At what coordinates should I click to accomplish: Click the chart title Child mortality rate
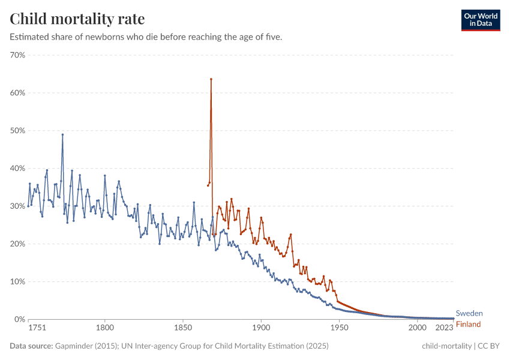point(77,19)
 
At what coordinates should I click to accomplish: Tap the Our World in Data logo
point(480,20)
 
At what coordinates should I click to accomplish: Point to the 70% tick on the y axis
point(17,55)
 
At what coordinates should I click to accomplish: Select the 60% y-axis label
point(17,93)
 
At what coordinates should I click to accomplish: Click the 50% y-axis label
point(17,131)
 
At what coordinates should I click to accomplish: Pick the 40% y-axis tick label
point(17,169)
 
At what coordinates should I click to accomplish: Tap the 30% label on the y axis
point(17,206)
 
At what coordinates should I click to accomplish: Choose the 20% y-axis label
point(17,244)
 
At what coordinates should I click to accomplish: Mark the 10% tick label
point(17,281)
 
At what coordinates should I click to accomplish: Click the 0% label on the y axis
point(19,319)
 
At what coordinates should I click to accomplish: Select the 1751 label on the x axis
point(37,328)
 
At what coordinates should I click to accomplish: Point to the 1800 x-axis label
point(105,328)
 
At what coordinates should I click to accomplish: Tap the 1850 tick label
point(183,328)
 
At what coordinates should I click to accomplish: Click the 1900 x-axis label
point(261,328)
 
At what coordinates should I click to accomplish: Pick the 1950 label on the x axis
point(339,328)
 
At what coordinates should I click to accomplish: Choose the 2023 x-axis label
point(444,328)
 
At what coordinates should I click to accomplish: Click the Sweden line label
point(469,313)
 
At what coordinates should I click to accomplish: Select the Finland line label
point(469,325)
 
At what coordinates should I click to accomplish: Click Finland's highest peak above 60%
point(211,79)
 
